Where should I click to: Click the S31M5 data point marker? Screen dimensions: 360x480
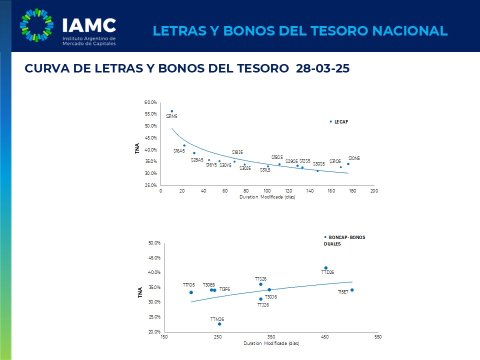(x=171, y=111)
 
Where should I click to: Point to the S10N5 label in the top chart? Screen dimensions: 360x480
(x=354, y=158)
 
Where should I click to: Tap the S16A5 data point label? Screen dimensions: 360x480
(x=179, y=150)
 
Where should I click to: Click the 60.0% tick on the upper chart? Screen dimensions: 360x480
(x=150, y=102)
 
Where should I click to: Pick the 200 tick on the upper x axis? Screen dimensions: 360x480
(x=373, y=191)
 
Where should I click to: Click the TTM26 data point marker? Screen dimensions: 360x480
(x=219, y=324)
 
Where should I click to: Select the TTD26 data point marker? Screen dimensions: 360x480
(x=326, y=268)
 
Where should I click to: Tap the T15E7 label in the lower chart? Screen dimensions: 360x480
(x=343, y=291)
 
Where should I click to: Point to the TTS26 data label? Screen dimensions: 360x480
(x=260, y=278)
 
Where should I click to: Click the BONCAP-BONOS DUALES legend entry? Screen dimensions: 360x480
(x=345, y=240)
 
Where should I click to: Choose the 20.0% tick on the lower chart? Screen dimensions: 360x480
(x=153, y=331)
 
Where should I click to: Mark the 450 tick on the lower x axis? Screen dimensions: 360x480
(x=325, y=337)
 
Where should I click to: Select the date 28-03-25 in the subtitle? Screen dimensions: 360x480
(x=322, y=69)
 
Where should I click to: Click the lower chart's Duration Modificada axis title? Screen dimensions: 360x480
(x=271, y=344)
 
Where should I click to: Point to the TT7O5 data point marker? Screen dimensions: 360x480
(x=191, y=292)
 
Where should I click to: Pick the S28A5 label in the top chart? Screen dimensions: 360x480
(x=197, y=160)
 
